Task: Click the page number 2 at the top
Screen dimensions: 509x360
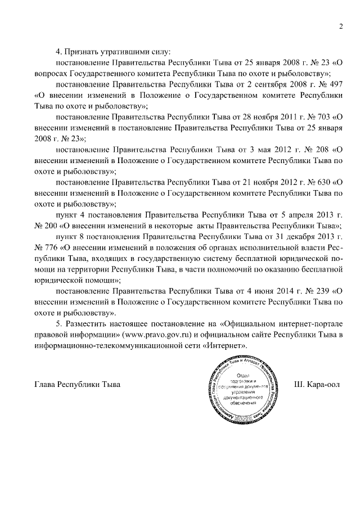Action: click(341, 27)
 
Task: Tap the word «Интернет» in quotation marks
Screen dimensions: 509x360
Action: click(224, 345)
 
